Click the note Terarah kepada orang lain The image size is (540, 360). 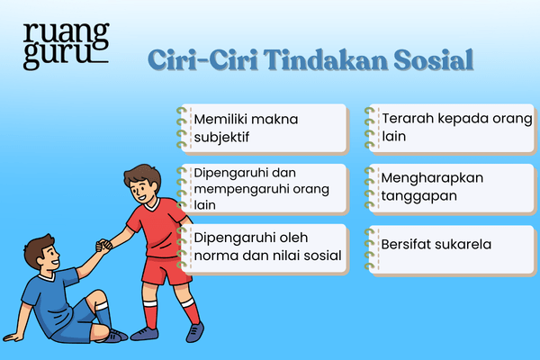[450, 127]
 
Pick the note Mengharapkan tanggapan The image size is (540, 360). [450, 186]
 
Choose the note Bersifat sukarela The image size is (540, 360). [450, 245]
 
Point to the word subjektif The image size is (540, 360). [221, 139]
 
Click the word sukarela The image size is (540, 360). [487, 244]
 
